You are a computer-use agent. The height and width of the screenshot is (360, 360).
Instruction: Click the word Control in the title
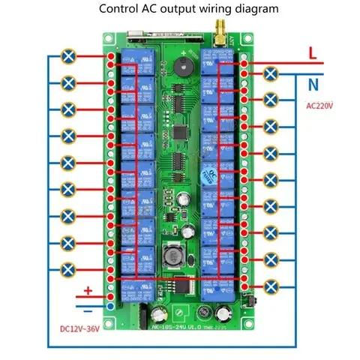click(121, 10)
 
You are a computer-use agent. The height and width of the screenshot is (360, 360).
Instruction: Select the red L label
click(312, 53)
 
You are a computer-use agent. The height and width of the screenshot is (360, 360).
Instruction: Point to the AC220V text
click(321, 106)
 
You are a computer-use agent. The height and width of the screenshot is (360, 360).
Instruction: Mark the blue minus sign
click(88, 309)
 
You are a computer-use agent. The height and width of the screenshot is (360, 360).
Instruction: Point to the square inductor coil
click(170, 258)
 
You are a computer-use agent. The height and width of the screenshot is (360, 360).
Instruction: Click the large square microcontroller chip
click(182, 130)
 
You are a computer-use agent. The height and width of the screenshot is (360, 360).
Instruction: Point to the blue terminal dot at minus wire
click(111, 307)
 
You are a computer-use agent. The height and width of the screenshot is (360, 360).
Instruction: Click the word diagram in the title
click(234, 10)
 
